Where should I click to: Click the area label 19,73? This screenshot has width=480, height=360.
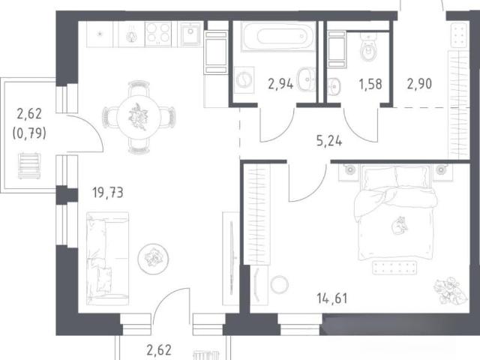click(x=108, y=193)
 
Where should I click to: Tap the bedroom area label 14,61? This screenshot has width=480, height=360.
click(x=332, y=298)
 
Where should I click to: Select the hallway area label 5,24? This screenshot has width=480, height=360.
click(x=329, y=141)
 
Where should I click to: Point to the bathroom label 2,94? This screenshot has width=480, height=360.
click(x=280, y=83)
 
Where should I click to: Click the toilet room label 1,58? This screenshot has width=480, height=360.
click(x=370, y=84)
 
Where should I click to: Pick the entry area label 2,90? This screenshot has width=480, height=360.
click(x=419, y=83)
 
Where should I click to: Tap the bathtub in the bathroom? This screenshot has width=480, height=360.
click(x=278, y=36)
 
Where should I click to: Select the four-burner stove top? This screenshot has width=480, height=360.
click(x=158, y=33)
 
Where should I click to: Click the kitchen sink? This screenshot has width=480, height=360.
click(x=190, y=34)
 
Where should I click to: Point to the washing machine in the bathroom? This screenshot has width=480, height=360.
click(x=244, y=80)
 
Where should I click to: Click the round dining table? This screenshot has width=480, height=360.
click(x=139, y=117)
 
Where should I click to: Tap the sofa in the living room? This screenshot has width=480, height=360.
click(x=107, y=258)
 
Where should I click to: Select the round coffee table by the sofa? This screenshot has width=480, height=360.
click(x=153, y=259)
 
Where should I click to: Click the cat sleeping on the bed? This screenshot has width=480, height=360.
click(x=400, y=225)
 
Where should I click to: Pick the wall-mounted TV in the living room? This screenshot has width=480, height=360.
click(x=232, y=258)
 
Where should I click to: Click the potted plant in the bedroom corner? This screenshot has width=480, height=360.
click(x=450, y=290)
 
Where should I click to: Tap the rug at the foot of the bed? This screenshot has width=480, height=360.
click(x=394, y=268)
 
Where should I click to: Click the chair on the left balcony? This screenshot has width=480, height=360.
click(x=29, y=166)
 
